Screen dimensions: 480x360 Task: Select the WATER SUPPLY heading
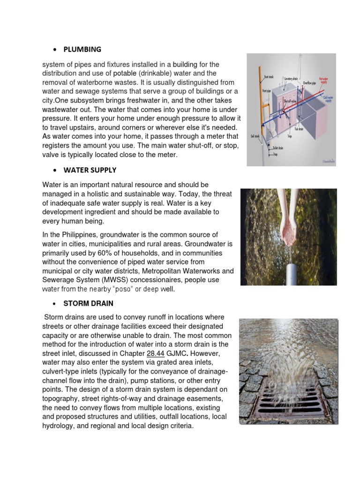click(x=93, y=170)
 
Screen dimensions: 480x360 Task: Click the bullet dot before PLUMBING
click(x=56, y=50)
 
